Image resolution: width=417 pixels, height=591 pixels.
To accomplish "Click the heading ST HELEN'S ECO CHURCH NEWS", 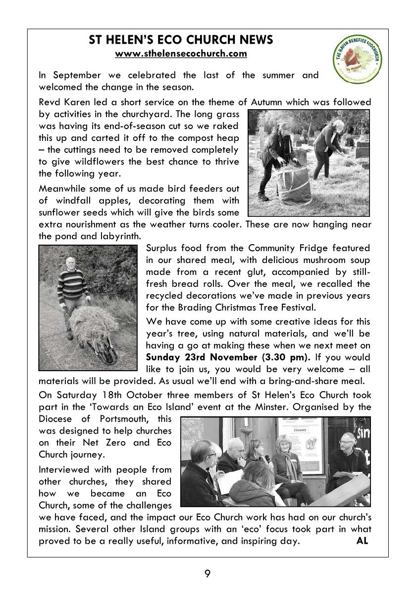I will pos(181,40).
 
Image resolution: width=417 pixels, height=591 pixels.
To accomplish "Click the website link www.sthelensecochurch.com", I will pos(181,54).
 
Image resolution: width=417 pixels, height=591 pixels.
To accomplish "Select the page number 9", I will pos(208,574).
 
